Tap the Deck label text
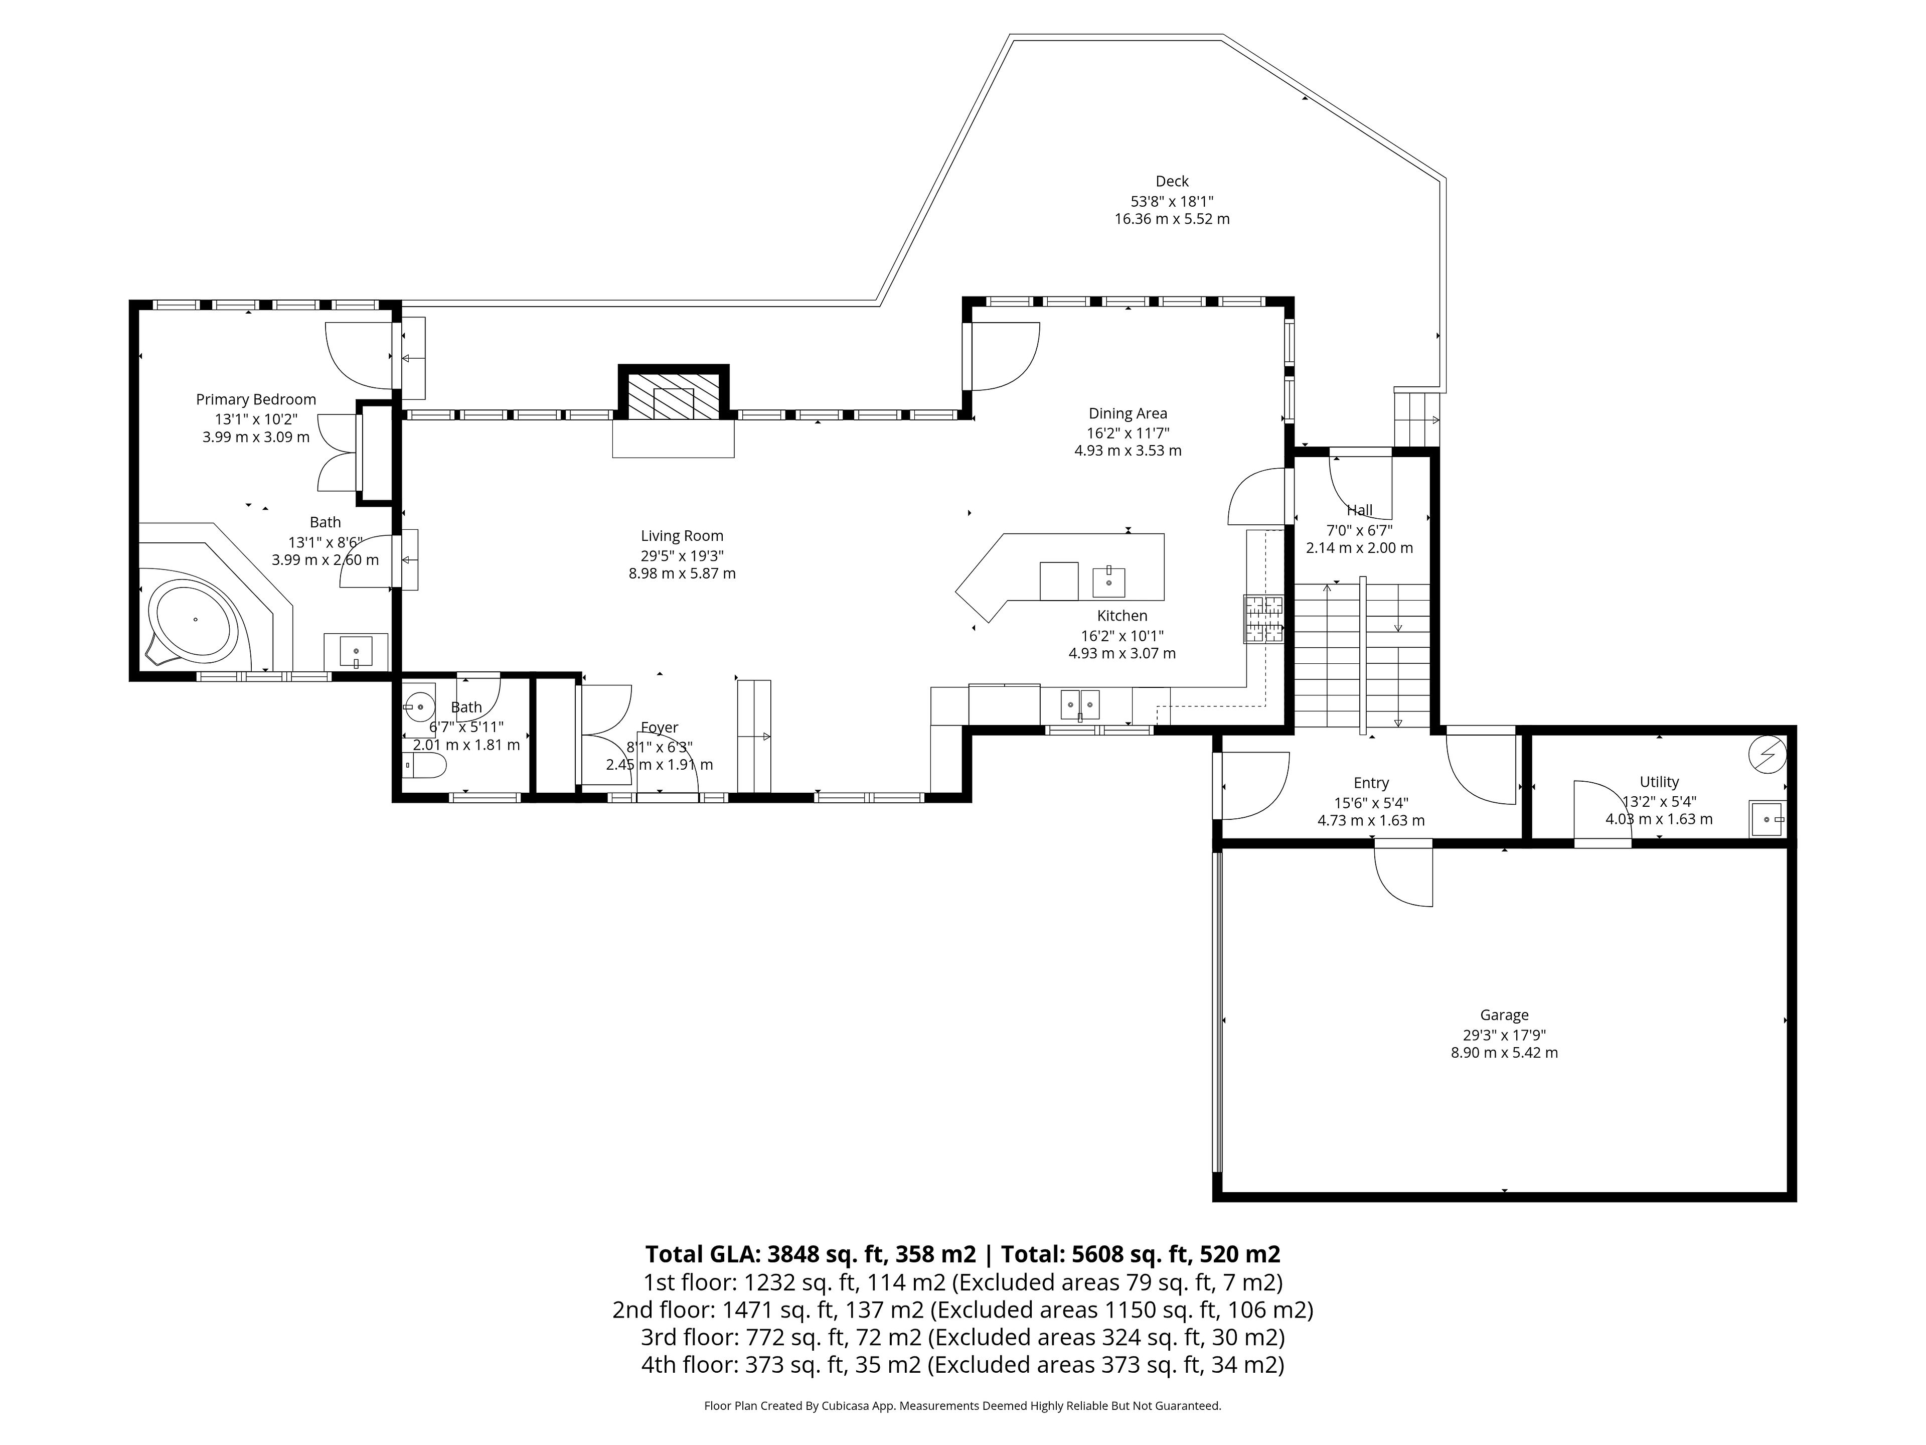pos(1172,181)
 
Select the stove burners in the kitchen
pos(1263,619)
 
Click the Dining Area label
pos(1128,414)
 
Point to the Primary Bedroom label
pos(256,399)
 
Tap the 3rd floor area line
pos(962,1337)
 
